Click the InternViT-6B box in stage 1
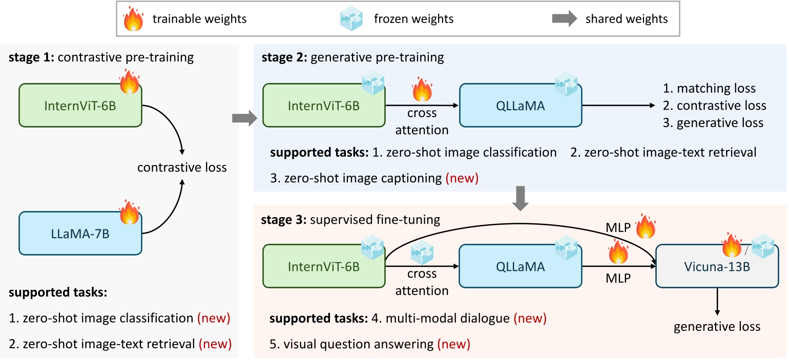click(x=80, y=105)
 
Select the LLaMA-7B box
click(x=80, y=233)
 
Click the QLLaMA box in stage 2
click(x=520, y=105)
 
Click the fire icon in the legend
click(x=134, y=19)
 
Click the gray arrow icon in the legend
click(x=564, y=19)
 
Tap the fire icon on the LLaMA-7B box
click(x=130, y=212)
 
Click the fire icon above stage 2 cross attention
click(x=422, y=89)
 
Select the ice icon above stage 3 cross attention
click(x=422, y=251)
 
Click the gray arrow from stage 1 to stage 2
click(x=243, y=119)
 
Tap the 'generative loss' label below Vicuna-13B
click(x=717, y=327)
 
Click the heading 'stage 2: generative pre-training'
click(x=353, y=57)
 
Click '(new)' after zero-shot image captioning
click(x=462, y=179)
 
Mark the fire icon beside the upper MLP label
click(x=646, y=226)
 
